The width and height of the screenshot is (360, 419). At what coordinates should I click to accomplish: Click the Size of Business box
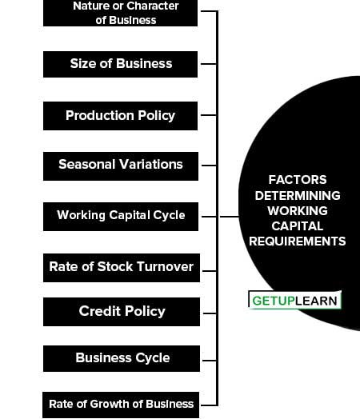pyautogui.click(x=120, y=65)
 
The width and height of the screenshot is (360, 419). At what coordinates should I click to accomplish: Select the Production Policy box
pyautogui.click(x=120, y=116)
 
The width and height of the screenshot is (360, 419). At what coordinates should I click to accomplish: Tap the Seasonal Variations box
pyautogui.click(x=121, y=166)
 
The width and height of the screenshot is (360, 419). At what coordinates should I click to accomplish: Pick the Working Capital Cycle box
pyautogui.click(x=121, y=217)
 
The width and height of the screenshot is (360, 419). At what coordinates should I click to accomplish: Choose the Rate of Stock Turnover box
pyautogui.click(x=122, y=268)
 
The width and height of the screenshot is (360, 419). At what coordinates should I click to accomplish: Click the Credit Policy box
pyautogui.click(x=122, y=312)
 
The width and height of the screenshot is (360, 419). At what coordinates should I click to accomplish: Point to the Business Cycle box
pyautogui.click(x=122, y=358)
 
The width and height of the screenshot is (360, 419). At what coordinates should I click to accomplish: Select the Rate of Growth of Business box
pyautogui.click(x=121, y=405)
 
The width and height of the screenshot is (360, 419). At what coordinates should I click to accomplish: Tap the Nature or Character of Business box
pyautogui.click(x=120, y=13)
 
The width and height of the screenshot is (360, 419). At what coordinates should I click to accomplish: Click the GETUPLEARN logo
pyautogui.click(x=294, y=300)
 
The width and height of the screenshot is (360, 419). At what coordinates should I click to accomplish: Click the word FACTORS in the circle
pyautogui.click(x=298, y=180)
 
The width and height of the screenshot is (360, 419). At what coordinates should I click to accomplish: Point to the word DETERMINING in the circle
pyautogui.click(x=298, y=196)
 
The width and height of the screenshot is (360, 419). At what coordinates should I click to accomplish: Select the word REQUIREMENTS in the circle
pyautogui.click(x=297, y=241)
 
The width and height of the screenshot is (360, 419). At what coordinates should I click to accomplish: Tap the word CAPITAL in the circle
pyautogui.click(x=298, y=226)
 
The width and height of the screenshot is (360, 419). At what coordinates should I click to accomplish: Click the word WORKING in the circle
pyautogui.click(x=298, y=211)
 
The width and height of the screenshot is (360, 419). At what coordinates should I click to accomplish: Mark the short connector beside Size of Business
pyautogui.click(x=209, y=64)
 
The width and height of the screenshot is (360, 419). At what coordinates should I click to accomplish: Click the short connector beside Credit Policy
pyautogui.click(x=210, y=313)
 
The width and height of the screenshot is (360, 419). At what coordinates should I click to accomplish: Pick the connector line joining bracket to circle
pyautogui.click(x=229, y=217)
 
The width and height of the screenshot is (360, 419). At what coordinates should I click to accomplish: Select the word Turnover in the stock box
pyautogui.click(x=166, y=267)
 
